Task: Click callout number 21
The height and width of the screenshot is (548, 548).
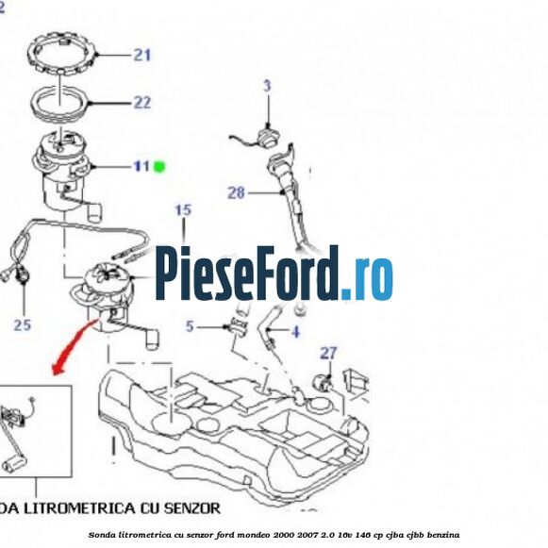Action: [141, 55]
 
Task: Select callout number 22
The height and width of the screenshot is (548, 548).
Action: [141, 102]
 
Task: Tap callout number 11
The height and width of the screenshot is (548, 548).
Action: [141, 167]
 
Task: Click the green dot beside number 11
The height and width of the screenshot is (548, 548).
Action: [159, 167]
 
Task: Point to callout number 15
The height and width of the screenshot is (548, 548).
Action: [183, 209]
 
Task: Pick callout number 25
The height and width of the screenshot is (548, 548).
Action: [23, 325]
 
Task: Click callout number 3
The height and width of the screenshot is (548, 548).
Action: [267, 86]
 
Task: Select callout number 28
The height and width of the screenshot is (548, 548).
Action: [236, 193]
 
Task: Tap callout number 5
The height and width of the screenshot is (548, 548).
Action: [190, 327]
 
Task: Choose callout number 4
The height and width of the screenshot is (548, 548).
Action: [294, 332]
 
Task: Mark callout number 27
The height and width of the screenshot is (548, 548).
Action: [327, 354]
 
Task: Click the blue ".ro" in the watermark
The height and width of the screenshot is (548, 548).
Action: [367, 275]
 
